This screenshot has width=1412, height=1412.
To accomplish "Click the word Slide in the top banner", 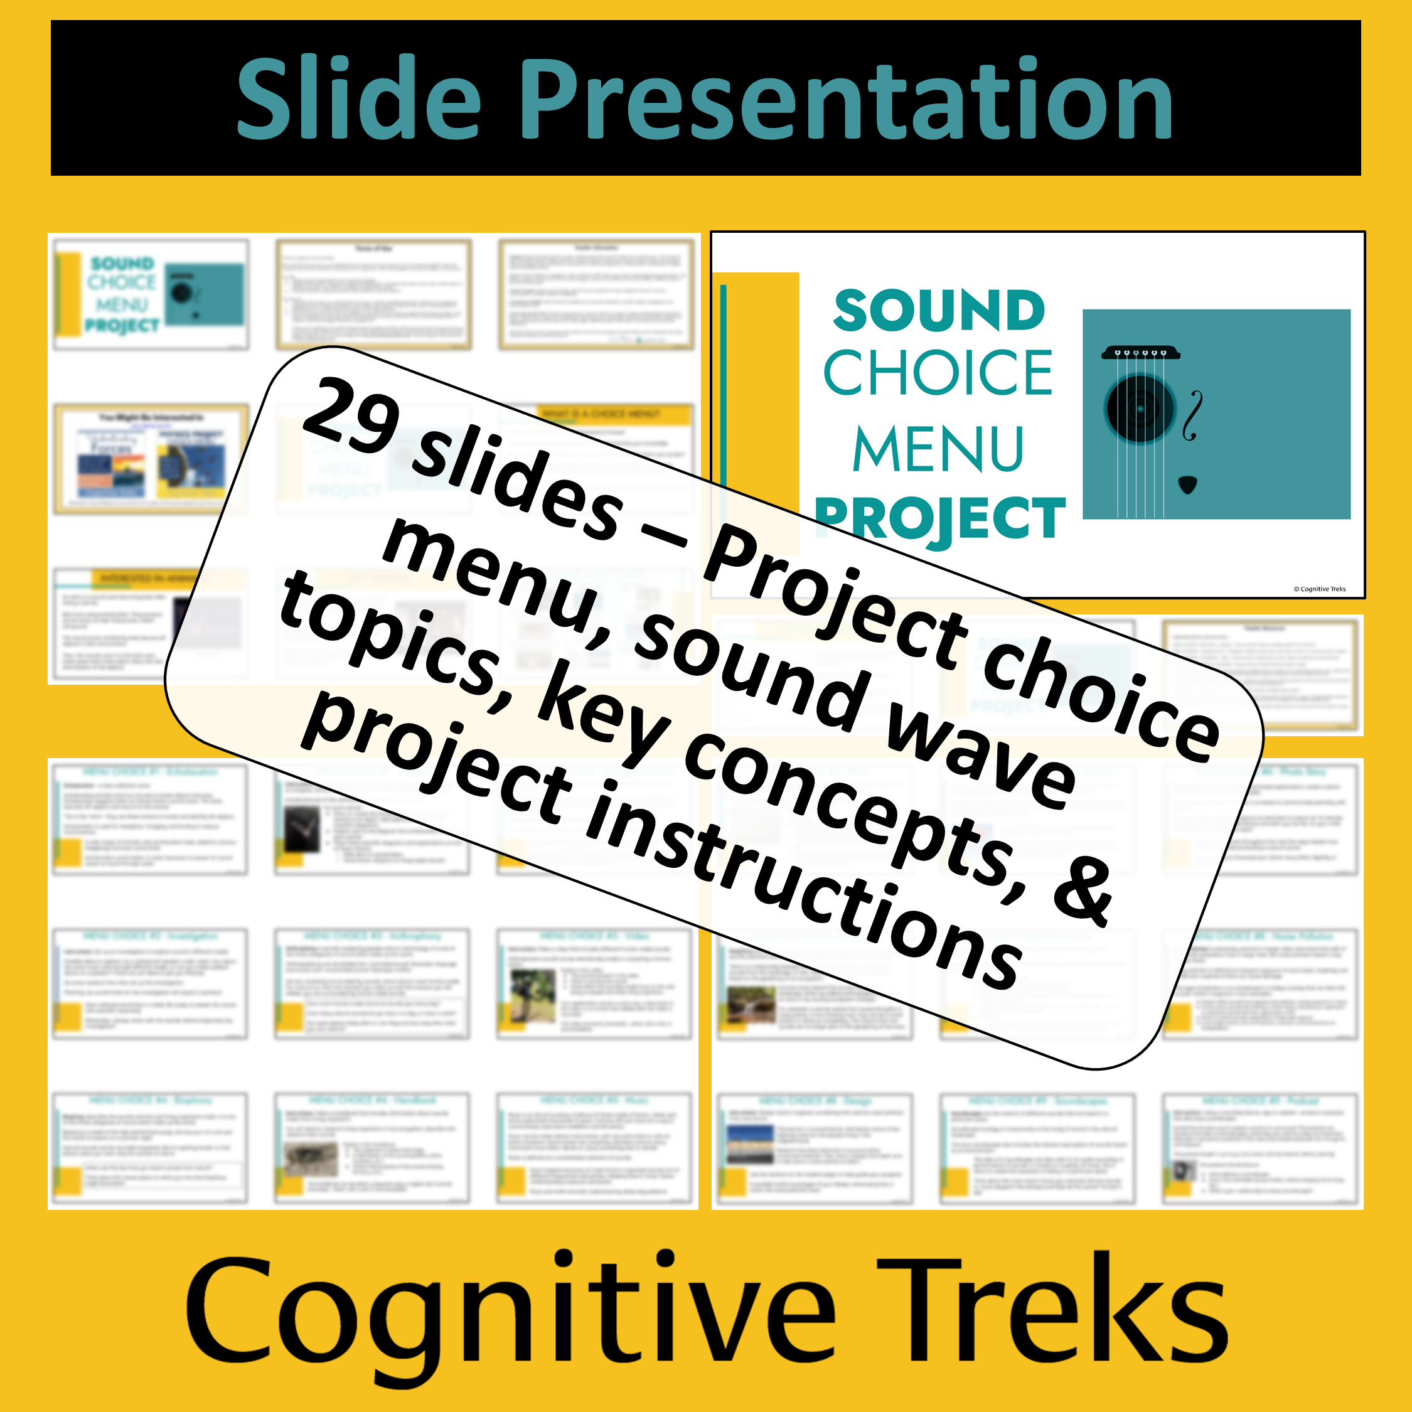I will [x=358, y=99].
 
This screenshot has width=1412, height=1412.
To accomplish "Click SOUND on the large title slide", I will [x=939, y=311].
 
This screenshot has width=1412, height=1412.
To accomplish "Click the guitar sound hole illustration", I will [x=1140, y=409].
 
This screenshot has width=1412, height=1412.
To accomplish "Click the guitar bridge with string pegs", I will [x=1140, y=352].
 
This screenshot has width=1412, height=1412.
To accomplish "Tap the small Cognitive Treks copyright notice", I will [x=1319, y=589].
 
